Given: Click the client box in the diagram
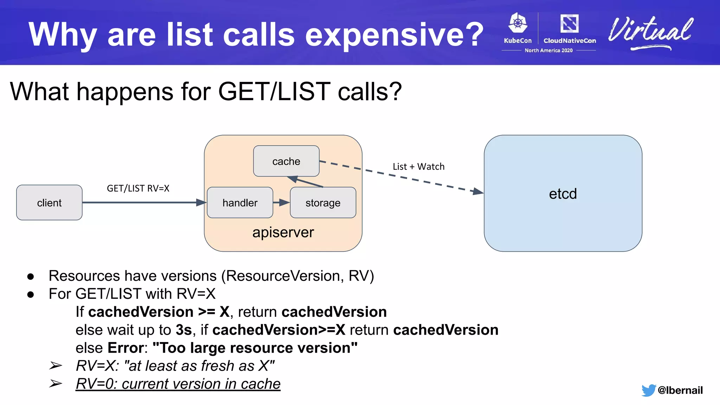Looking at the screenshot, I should tap(49, 202).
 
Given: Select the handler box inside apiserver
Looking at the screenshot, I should tap(240, 202).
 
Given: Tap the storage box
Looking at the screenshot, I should tap(323, 202).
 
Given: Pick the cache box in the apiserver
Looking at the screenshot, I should tap(286, 161).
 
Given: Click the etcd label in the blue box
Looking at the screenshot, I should tap(563, 194).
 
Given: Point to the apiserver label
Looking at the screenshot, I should tap(283, 232).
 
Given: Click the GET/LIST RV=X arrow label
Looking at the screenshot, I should tap(138, 188).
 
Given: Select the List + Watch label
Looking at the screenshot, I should tap(418, 167).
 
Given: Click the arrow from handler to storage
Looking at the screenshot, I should tap(281, 202).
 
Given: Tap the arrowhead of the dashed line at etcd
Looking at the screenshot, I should tap(478, 192).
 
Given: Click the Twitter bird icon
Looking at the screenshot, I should tap(648, 390).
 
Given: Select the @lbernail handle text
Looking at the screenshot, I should tap(680, 390).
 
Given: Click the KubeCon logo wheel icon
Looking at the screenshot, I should tap(518, 23).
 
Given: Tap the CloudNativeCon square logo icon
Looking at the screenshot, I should tap(569, 24).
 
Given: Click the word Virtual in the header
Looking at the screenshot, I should tap(650, 32).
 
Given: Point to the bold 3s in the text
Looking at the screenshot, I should tap(184, 330).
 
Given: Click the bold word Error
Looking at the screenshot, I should tap(126, 348).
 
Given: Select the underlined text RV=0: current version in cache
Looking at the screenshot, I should tap(178, 384).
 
